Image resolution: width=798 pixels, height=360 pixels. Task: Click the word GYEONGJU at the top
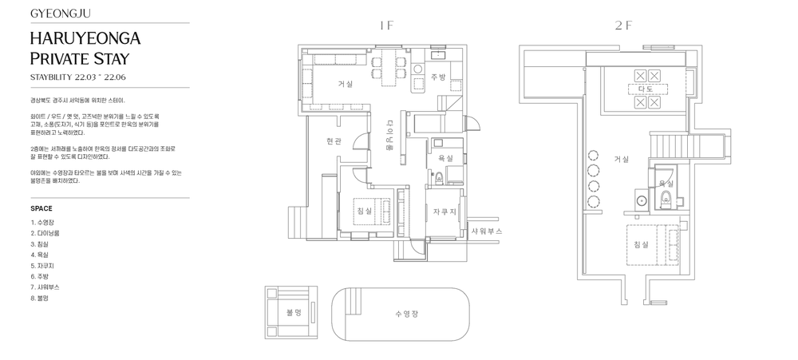pos(61,14)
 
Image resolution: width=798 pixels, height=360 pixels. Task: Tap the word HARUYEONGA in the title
pos(85,38)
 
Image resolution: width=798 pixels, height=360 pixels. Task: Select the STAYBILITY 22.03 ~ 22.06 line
pos(78,77)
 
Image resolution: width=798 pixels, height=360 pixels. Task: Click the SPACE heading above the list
pos(41,208)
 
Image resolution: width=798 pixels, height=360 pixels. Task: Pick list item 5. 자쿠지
pos(42,266)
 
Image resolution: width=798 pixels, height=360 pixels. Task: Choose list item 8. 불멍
pos(40,299)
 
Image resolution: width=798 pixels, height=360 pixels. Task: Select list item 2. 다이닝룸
pos(45,233)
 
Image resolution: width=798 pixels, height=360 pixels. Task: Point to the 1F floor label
pos(387,26)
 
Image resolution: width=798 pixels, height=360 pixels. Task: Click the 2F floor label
pos(622,26)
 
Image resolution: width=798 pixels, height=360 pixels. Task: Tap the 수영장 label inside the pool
pos(407,314)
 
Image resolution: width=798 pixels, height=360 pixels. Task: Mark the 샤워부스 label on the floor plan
pos(487,231)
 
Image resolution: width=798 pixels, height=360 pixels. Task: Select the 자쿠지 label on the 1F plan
pos(444,212)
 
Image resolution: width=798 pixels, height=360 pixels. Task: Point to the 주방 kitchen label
pos(438,77)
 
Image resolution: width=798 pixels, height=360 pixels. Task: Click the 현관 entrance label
pos(334,141)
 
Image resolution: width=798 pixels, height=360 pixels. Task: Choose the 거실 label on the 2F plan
pos(622,159)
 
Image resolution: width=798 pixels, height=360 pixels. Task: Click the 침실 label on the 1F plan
pos(365,211)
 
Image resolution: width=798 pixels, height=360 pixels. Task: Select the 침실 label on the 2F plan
pos(642,244)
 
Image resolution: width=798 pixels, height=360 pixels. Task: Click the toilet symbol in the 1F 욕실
pos(440,178)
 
